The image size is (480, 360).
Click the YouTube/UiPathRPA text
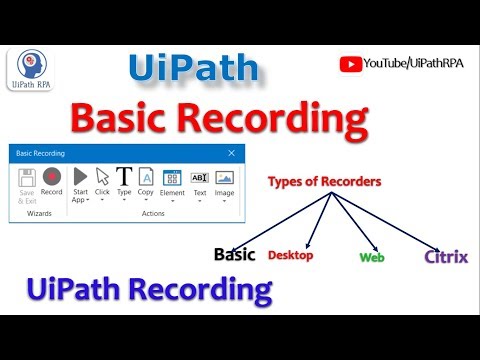[x=413, y=64]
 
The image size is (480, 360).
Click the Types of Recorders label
[x=323, y=182]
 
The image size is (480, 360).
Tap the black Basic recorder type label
[x=235, y=254]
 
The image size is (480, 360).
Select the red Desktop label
[x=290, y=256]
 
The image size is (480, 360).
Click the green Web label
[x=371, y=257]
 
